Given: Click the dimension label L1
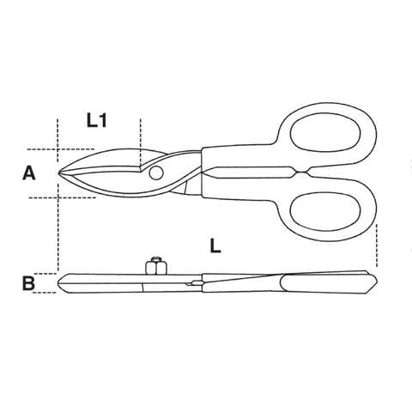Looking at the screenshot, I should click(x=97, y=122).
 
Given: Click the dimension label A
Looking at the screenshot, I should click(x=28, y=174).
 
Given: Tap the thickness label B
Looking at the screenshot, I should click(x=28, y=281).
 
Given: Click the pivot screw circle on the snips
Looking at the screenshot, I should click(x=156, y=174).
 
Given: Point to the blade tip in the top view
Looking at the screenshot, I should click(x=60, y=174).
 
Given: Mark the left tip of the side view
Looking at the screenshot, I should click(x=60, y=280).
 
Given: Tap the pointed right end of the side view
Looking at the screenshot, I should click(x=375, y=281).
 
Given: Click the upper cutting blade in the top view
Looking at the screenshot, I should click(x=103, y=161).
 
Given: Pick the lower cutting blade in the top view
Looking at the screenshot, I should click(x=107, y=182).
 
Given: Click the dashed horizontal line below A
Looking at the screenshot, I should click(x=39, y=198).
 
